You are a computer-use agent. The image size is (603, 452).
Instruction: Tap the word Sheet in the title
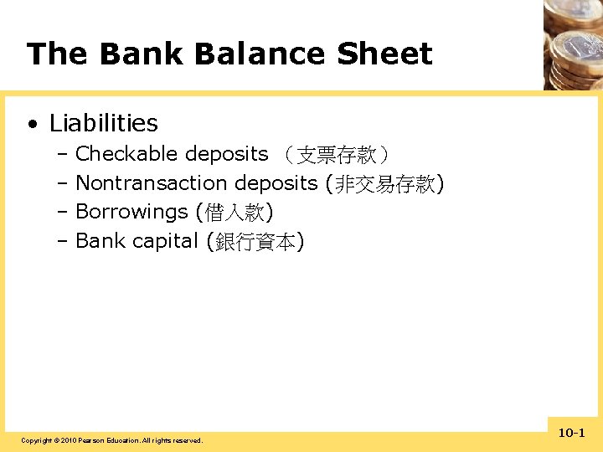(x=384, y=54)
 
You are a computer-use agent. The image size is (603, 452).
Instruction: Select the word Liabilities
(x=103, y=123)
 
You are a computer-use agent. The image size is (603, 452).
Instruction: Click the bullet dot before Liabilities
(x=32, y=125)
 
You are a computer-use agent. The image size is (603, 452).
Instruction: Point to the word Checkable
(x=126, y=154)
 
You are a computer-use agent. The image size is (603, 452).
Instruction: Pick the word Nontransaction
(x=152, y=183)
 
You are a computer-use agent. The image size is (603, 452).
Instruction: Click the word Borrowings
(x=131, y=213)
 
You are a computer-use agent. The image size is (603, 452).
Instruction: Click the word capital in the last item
(x=164, y=242)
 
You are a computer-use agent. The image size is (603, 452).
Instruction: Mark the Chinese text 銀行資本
(x=255, y=243)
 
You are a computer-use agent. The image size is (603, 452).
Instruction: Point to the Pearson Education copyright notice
(x=111, y=440)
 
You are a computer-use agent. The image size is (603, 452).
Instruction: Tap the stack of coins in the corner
(x=574, y=42)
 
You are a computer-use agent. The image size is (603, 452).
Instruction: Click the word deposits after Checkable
(x=226, y=154)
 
